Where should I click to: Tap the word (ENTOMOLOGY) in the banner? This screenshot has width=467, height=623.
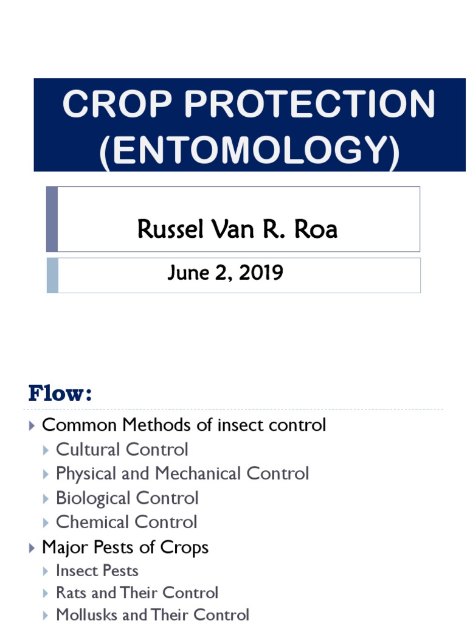(x=250, y=148)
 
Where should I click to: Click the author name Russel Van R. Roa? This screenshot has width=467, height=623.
(x=237, y=229)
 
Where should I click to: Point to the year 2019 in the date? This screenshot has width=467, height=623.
(x=261, y=273)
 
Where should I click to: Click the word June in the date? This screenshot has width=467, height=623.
(x=186, y=273)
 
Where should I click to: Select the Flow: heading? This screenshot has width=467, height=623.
(x=60, y=394)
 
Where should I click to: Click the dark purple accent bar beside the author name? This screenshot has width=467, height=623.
(x=52, y=219)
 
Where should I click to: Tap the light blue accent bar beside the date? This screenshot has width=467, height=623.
(x=52, y=275)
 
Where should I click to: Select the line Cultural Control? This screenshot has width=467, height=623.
(x=122, y=450)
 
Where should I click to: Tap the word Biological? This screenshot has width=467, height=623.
(x=93, y=498)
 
